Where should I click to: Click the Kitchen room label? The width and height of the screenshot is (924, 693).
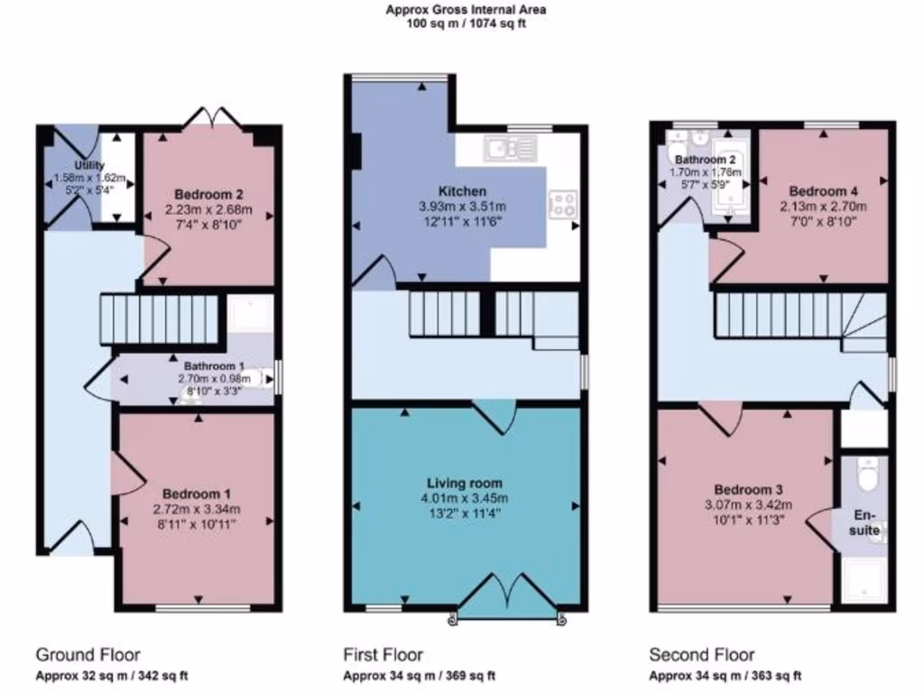[x=462, y=191]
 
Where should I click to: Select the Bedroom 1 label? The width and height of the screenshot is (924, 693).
[x=197, y=494]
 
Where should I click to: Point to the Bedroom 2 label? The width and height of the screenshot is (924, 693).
[x=209, y=194]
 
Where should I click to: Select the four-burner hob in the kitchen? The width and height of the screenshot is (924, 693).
[x=563, y=203]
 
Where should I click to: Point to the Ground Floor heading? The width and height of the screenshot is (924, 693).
[x=88, y=654]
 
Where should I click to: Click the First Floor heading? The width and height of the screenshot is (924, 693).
[x=383, y=654]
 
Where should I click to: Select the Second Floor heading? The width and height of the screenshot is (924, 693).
[x=702, y=654]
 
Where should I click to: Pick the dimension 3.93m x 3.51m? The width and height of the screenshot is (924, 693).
[x=462, y=206]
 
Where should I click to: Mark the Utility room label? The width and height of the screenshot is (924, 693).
[x=89, y=165]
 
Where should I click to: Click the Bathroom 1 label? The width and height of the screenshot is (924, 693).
[x=214, y=366]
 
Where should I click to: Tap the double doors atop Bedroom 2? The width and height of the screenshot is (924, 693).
[x=209, y=117]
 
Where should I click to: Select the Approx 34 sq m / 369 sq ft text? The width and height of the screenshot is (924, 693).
[x=419, y=676]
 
